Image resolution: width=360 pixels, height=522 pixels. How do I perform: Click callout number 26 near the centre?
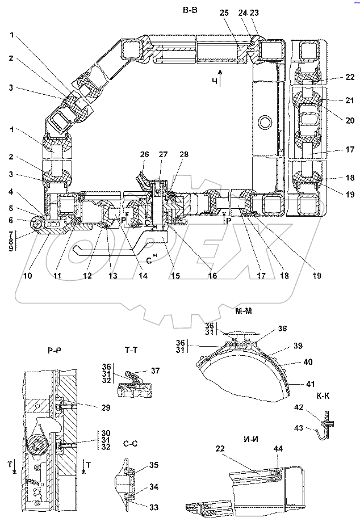[145, 154]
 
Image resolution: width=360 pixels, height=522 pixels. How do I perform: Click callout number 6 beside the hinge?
[12, 220]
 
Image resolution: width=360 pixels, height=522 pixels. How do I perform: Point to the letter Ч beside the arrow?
[215, 82]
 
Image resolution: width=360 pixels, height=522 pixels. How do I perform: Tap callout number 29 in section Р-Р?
[105, 407]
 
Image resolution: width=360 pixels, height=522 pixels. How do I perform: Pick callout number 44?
[278, 448]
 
